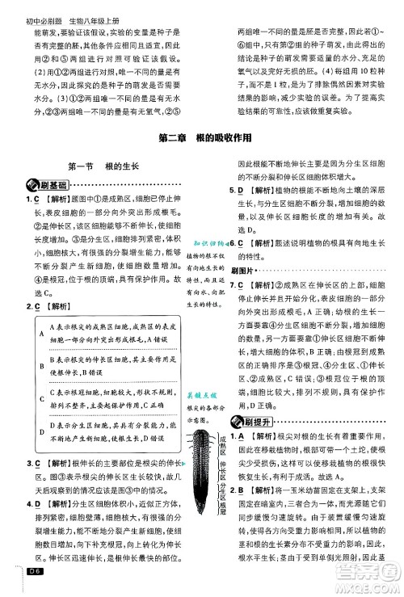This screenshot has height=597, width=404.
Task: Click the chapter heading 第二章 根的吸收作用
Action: coord(201,138)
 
